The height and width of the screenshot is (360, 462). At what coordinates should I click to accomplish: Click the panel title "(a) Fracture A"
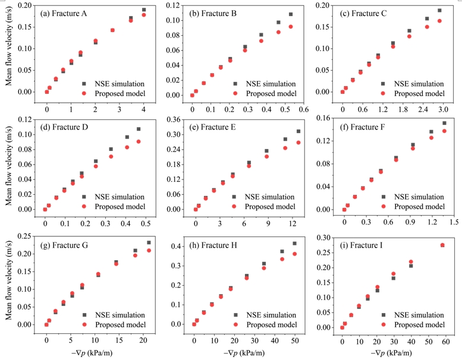(x=64, y=14)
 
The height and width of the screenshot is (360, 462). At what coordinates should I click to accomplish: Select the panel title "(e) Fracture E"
(x=212, y=127)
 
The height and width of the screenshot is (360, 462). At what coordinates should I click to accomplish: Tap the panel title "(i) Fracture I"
(x=362, y=245)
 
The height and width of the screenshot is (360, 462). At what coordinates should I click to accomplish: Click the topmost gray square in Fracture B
(x=291, y=14)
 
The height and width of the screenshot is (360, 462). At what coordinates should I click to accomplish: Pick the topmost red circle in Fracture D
(x=139, y=141)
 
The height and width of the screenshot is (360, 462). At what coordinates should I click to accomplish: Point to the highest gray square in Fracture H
(x=295, y=244)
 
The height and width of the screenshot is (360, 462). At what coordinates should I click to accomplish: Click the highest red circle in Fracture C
(x=439, y=21)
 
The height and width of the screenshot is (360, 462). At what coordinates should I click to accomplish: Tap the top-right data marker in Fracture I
(x=442, y=245)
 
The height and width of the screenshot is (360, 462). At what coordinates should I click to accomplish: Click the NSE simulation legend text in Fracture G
(x=120, y=315)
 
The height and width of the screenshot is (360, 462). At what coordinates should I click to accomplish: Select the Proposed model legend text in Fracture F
(x=420, y=207)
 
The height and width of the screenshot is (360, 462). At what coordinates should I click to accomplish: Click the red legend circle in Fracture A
(x=84, y=93)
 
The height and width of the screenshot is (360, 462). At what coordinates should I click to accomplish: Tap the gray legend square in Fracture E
(x=234, y=197)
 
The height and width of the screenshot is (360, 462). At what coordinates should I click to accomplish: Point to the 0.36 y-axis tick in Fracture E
(x=174, y=119)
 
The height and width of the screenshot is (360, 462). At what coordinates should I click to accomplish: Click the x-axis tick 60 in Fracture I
(x=446, y=342)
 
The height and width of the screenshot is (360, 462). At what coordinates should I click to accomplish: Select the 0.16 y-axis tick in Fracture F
(x=323, y=118)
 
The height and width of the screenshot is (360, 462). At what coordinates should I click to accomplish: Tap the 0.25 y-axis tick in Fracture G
(x=24, y=236)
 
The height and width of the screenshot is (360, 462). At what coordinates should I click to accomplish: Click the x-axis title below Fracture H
(x=244, y=353)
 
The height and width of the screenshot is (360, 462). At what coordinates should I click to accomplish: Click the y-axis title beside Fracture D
(x=9, y=166)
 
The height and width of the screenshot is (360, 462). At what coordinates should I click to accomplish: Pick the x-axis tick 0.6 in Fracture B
(x=303, y=109)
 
